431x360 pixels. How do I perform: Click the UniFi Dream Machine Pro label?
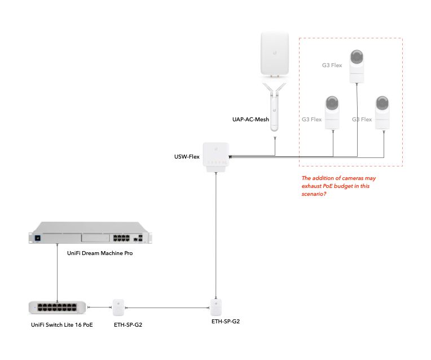[100, 253]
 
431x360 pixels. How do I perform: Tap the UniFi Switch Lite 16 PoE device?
[58, 308]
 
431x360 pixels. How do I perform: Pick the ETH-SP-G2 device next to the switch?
[118, 308]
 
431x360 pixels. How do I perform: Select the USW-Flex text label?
[186, 156]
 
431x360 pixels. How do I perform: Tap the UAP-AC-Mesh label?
[250, 120]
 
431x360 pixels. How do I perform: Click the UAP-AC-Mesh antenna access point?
[275, 107]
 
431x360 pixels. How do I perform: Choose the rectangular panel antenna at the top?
[275, 54]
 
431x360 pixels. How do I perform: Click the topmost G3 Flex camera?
[356, 66]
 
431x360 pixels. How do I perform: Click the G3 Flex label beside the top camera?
[332, 65]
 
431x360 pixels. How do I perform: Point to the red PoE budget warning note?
[338, 186]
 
